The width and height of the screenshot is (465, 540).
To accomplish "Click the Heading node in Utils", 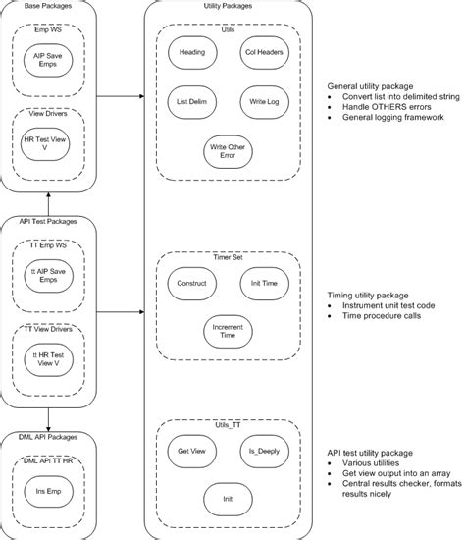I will point(192,52).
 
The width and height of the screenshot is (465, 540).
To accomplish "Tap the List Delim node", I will point(192,103).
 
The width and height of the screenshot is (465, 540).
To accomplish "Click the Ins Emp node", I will point(49,491).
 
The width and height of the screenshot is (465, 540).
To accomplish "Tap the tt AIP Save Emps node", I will point(49,279).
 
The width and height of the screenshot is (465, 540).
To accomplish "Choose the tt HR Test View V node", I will point(49,360).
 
